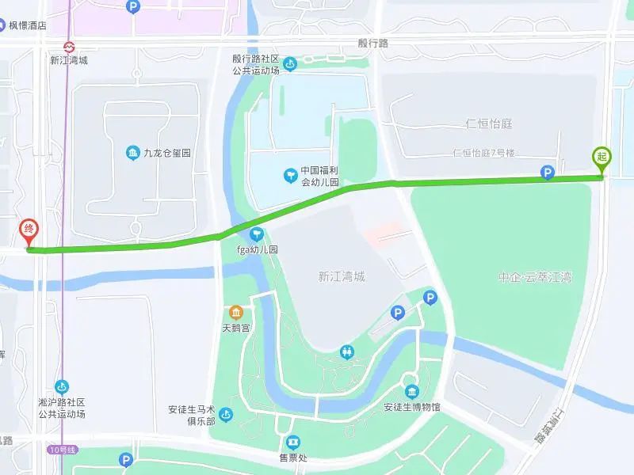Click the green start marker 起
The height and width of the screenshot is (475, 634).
[x=601, y=158]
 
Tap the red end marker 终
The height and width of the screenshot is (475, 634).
[x=29, y=231]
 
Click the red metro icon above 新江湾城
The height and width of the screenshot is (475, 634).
[x=68, y=46]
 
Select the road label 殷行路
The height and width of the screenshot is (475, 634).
[x=372, y=44]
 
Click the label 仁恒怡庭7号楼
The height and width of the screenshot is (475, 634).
[x=483, y=153]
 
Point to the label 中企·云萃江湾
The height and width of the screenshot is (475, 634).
[x=536, y=278]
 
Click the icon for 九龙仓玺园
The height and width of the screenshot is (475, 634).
[x=132, y=153]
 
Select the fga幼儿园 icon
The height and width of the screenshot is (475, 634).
[x=256, y=234]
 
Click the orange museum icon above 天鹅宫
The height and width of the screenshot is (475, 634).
[x=235, y=312]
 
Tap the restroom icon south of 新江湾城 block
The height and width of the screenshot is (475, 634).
[x=347, y=351]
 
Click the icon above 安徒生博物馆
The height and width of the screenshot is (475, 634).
[x=411, y=393]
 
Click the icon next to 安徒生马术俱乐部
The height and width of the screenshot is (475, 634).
[x=226, y=415]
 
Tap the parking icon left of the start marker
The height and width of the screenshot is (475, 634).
[x=547, y=173]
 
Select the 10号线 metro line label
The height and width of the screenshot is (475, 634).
[x=62, y=450]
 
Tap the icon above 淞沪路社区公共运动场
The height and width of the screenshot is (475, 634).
[x=61, y=386]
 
